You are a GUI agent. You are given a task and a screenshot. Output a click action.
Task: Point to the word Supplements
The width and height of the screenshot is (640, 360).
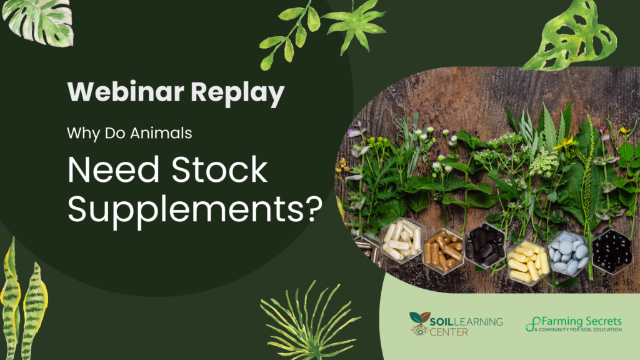pyautogui.click(x=185, y=209)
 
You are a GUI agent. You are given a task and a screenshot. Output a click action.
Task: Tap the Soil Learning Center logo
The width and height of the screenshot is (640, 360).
pyautogui.click(x=456, y=324)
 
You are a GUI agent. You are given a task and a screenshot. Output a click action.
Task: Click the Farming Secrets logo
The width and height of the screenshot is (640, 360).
pyautogui.click(x=574, y=324)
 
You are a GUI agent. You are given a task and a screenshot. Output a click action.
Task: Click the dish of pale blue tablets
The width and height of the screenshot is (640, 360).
pyautogui.click(x=567, y=254)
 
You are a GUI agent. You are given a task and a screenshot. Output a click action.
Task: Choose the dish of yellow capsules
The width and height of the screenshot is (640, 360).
pyautogui.click(x=527, y=262)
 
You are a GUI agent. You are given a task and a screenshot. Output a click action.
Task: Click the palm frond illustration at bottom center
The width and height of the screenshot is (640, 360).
pyautogui.click(x=310, y=322)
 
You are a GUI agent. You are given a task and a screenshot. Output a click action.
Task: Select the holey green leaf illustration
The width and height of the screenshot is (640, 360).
pyautogui.click(x=569, y=35)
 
